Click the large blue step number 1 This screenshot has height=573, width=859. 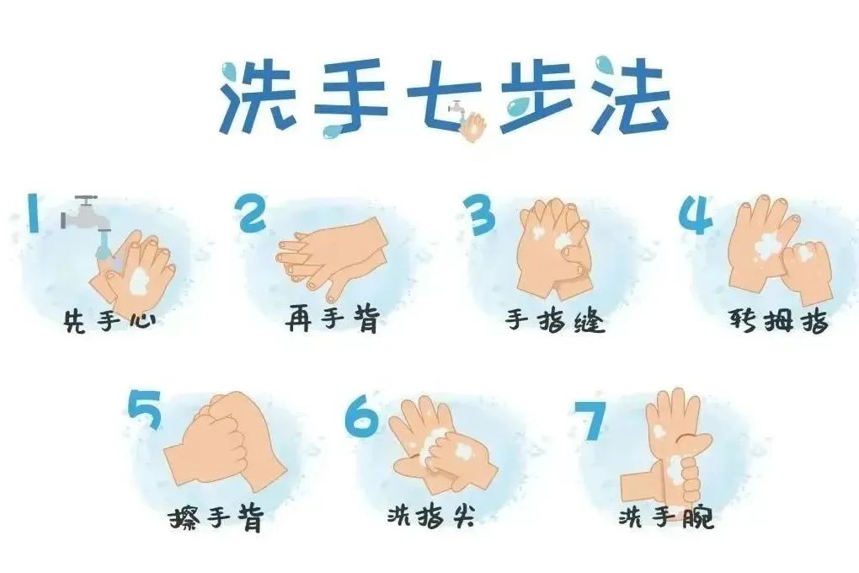tap(33, 212)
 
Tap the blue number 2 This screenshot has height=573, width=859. tap(252, 213)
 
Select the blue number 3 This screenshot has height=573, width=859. tap(479, 215)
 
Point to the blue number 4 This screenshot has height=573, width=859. tap(696, 216)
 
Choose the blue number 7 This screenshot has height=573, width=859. tap(590, 420)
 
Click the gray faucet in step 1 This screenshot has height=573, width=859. tap(85, 215)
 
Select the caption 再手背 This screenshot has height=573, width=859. tap(333, 319)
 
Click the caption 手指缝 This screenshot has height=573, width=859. tap(555, 320)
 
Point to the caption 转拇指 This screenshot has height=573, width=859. tap(778, 320)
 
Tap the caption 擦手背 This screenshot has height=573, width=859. tap(216, 517)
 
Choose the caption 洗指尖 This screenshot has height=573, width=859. tap(431, 516)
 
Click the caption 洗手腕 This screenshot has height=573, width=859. tap(667, 516)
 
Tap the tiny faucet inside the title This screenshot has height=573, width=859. tap(456, 108)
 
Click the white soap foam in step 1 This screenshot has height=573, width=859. tap(139, 281)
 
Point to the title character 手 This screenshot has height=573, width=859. tap(349, 95)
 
